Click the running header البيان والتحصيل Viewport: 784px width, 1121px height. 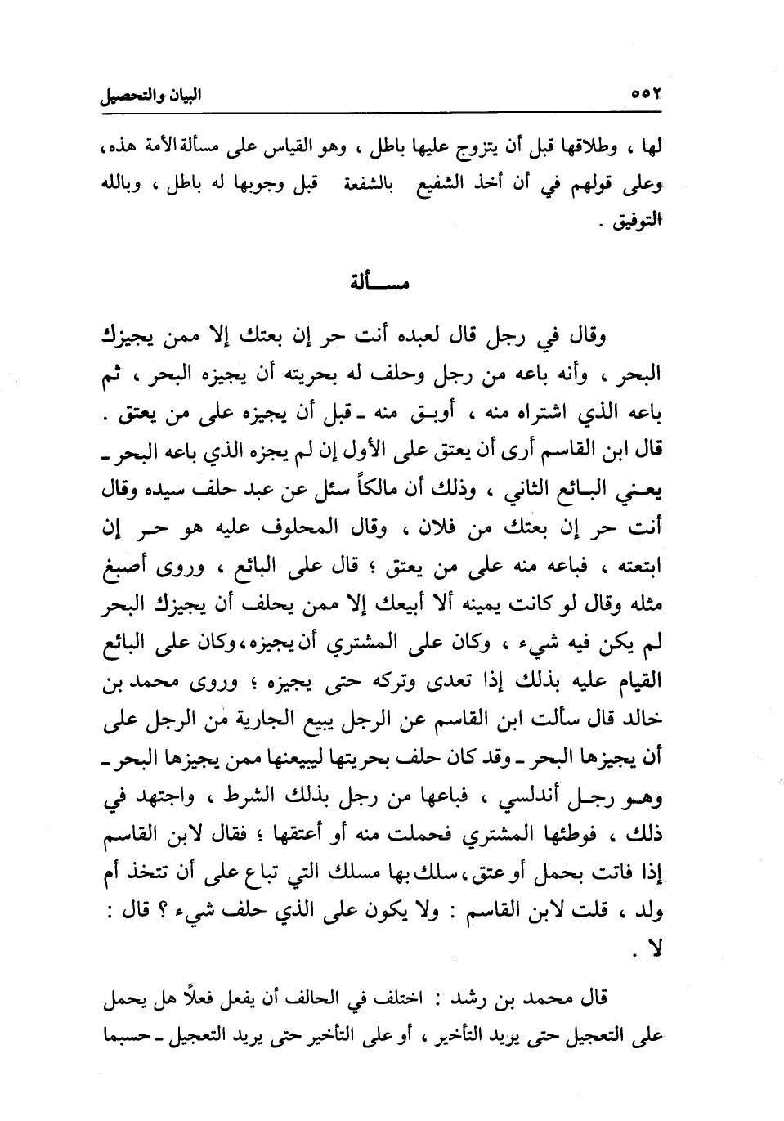tap(150, 95)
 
